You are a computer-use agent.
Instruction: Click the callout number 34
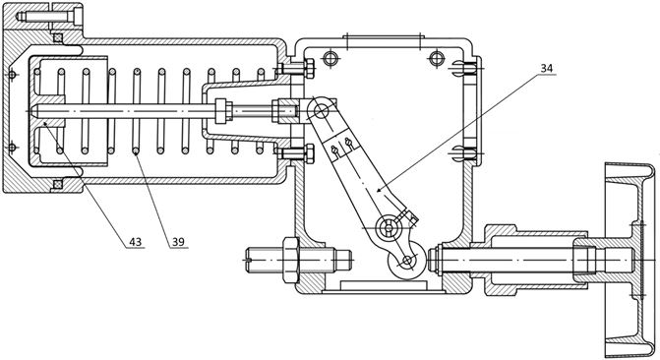click(546, 68)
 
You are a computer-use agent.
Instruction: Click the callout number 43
click(135, 242)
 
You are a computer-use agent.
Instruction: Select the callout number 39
click(178, 242)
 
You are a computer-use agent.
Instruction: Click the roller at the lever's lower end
click(406, 261)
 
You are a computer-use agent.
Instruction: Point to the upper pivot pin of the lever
click(321, 111)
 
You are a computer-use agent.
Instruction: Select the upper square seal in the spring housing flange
click(58, 38)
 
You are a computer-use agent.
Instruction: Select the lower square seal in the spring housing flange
click(58, 184)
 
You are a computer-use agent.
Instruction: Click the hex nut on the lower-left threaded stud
click(291, 260)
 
